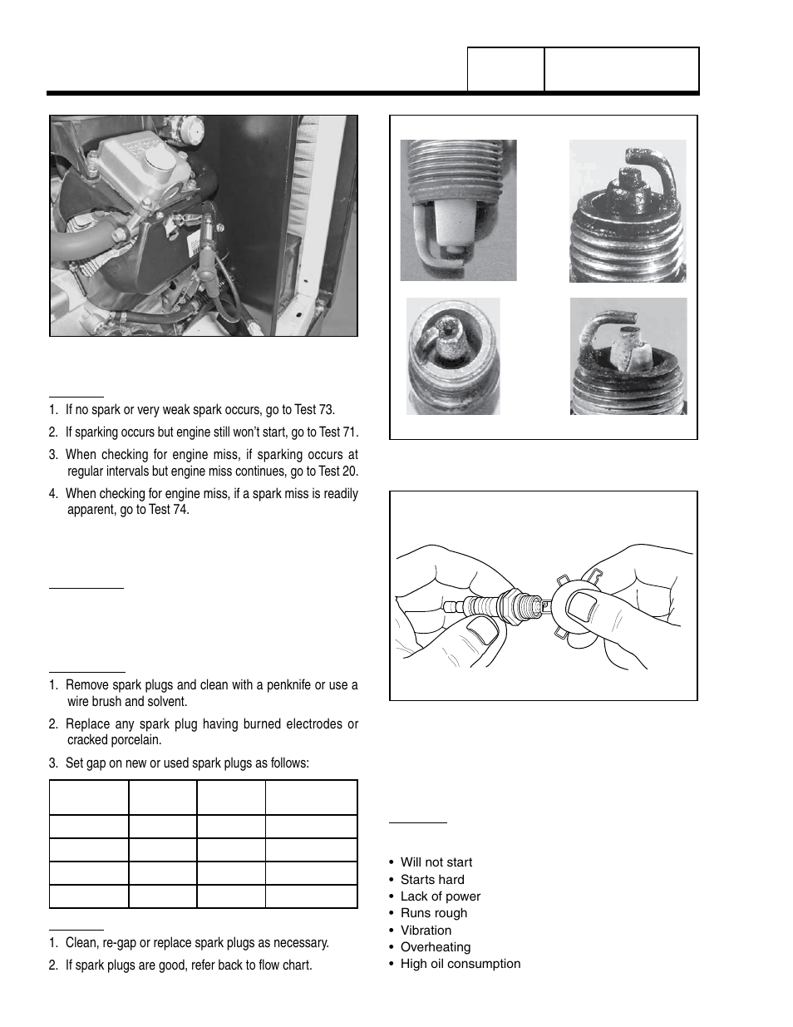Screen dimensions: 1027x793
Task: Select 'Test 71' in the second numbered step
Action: (338, 432)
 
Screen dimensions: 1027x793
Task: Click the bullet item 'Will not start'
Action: (436, 862)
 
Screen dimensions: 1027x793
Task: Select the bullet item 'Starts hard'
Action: (432, 879)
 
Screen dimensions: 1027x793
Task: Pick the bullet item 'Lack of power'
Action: (440, 896)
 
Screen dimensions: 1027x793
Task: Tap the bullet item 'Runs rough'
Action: (433, 913)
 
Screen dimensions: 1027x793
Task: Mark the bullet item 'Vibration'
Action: (426, 931)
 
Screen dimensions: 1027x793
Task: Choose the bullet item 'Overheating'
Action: (435, 947)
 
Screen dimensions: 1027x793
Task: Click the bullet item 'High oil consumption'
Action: (460, 964)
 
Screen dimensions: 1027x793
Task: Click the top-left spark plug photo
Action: (458, 210)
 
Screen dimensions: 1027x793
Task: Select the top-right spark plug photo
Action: (628, 210)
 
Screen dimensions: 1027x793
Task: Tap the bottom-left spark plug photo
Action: (453, 356)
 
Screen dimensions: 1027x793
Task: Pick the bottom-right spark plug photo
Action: (628, 356)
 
